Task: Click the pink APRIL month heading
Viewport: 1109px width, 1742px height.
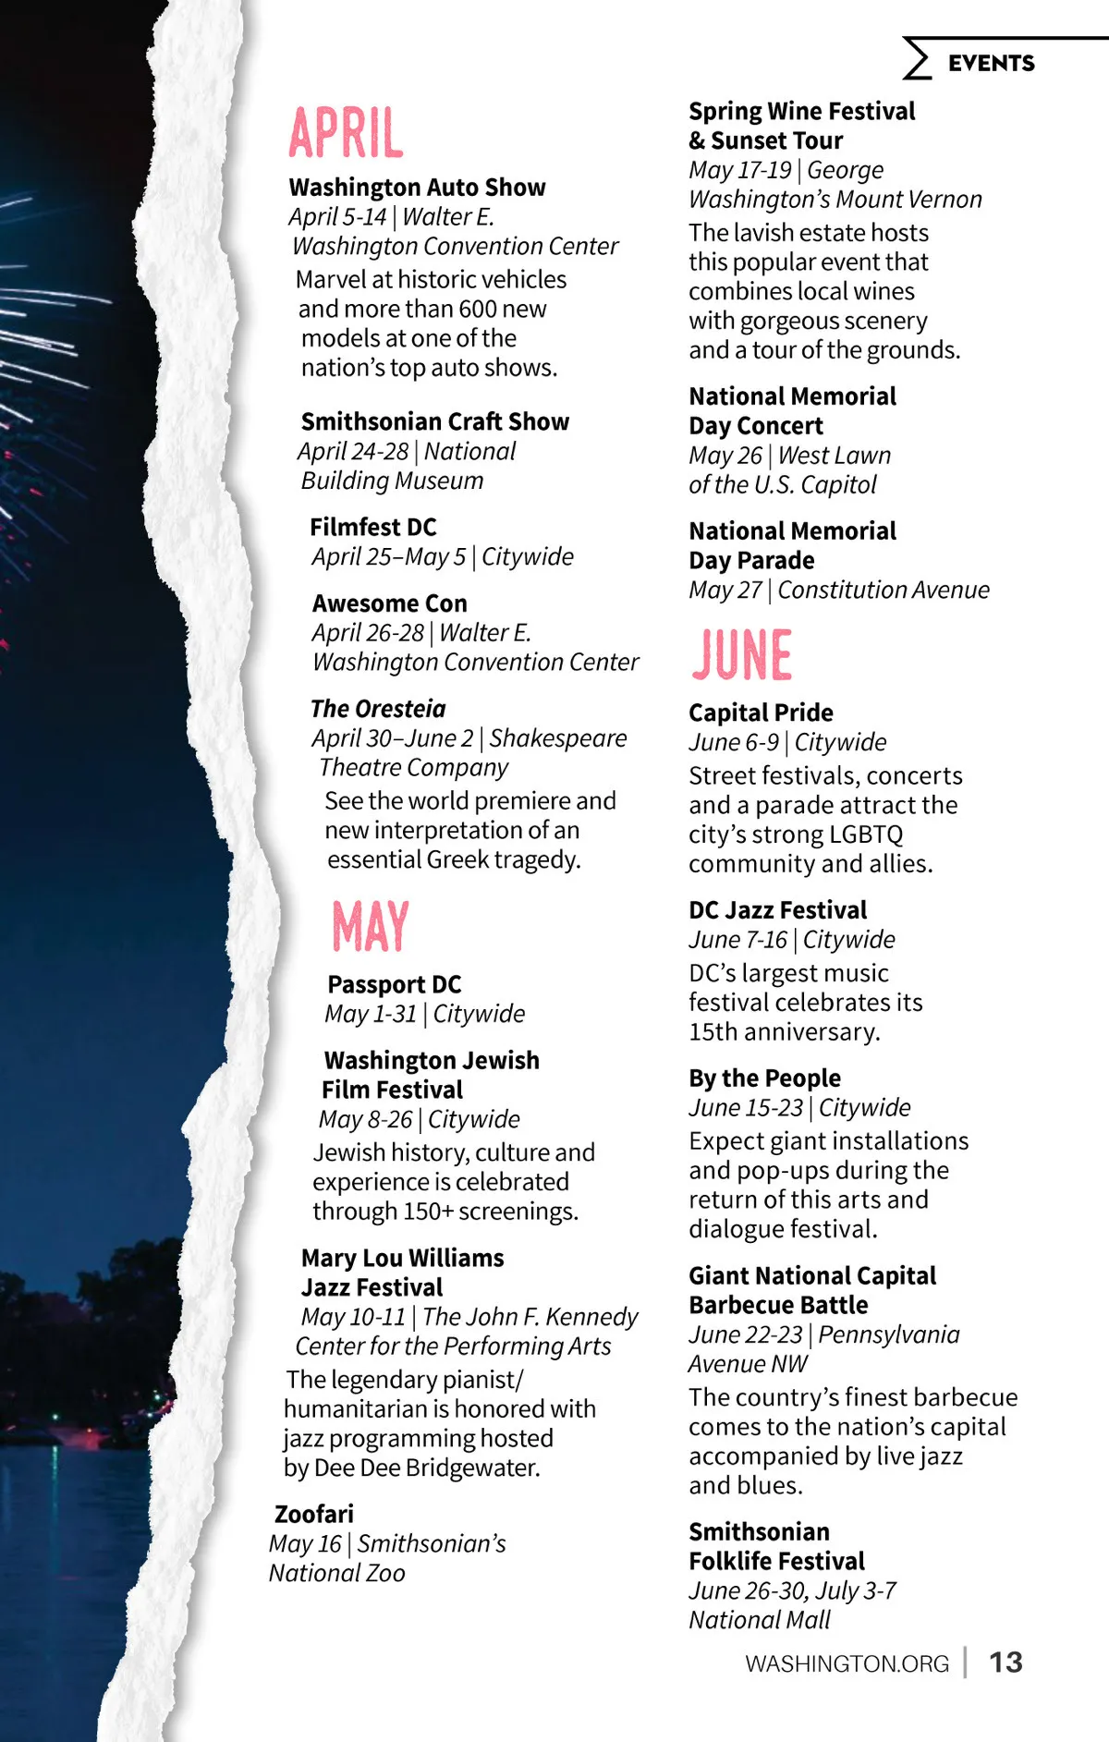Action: [x=347, y=133]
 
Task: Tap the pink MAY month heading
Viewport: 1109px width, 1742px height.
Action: [x=371, y=926]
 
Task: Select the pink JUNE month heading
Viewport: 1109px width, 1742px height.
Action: [x=742, y=655]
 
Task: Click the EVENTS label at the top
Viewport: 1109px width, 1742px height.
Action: [x=991, y=63]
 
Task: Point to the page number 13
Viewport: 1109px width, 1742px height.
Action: [x=1005, y=1663]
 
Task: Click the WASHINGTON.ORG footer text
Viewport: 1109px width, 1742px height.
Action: [x=847, y=1663]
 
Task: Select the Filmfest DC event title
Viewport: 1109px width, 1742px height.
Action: [x=373, y=527]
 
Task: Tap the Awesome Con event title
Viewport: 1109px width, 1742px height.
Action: [x=390, y=603]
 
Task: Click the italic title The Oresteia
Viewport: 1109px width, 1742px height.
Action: [x=378, y=709]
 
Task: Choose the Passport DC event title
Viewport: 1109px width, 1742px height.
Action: [x=395, y=984]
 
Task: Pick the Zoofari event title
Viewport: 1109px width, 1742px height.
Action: [x=314, y=1514]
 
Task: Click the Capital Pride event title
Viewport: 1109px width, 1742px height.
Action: [x=761, y=713]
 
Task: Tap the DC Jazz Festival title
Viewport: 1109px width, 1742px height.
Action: [x=778, y=910]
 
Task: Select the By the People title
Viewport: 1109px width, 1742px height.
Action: [x=764, y=1078]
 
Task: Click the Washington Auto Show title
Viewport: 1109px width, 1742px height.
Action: [x=417, y=188]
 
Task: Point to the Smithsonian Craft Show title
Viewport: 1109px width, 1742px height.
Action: [x=435, y=421]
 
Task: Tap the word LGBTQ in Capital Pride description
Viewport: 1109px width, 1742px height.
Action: [x=866, y=834]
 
